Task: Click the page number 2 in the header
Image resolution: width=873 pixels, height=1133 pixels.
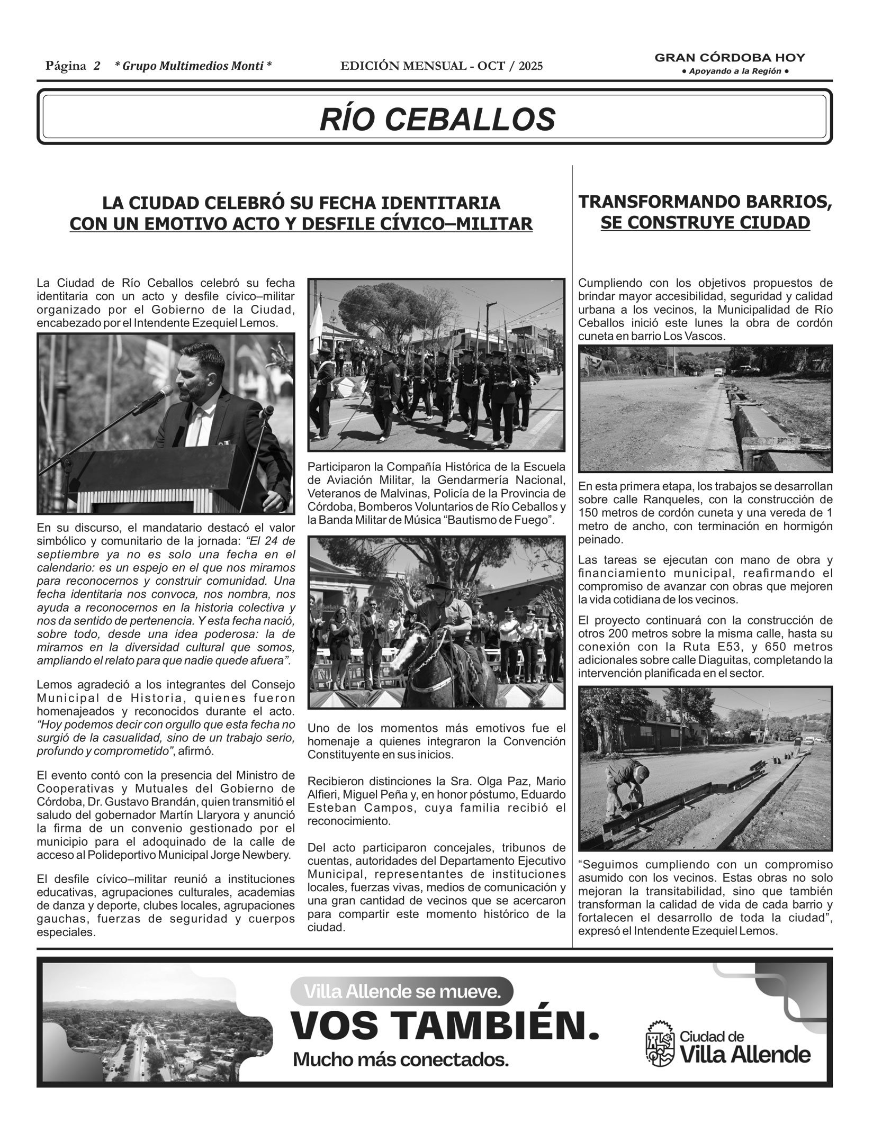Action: click(x=97, y=66)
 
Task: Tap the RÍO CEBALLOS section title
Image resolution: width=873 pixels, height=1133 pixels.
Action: click(x=437, y=119)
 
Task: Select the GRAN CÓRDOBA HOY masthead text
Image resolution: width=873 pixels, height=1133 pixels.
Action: click(x=730, y=58)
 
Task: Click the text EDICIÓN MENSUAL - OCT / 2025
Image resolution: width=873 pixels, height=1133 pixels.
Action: click(x=442, y=66)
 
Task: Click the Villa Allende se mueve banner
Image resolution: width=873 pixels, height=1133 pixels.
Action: click(x=401, y=992)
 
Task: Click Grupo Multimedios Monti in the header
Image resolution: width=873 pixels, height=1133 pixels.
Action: click(x=193, y=66)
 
